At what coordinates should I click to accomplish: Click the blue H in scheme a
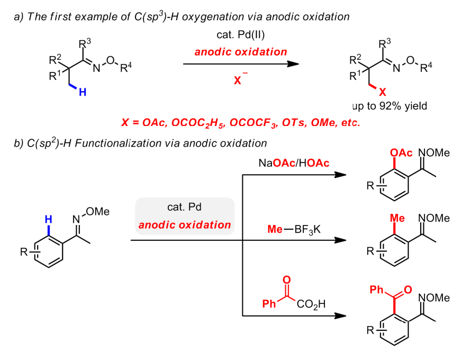82,92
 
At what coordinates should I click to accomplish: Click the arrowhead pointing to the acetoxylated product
343,177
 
